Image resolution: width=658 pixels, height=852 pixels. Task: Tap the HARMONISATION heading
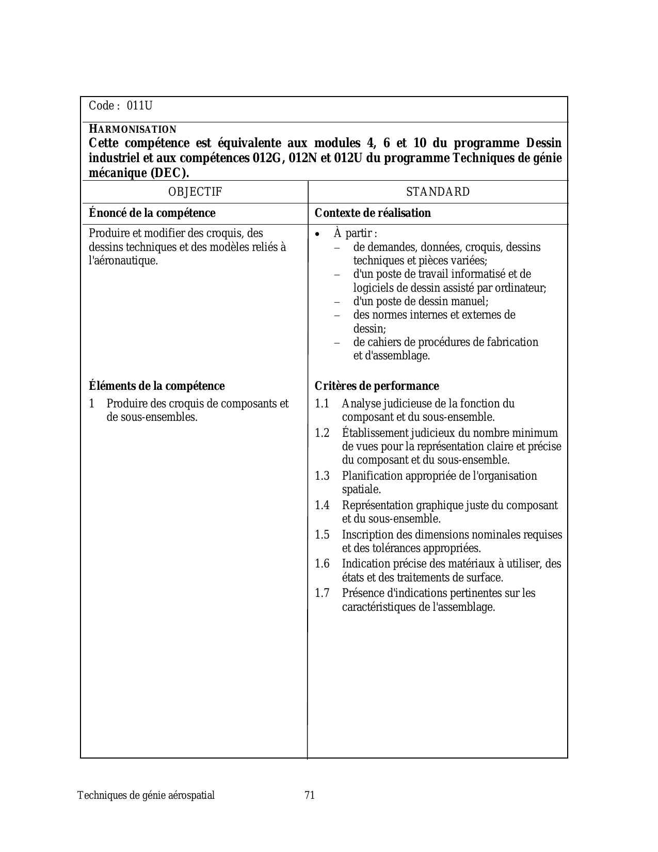point(133,129)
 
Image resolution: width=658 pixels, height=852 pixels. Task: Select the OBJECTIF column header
point(195,192)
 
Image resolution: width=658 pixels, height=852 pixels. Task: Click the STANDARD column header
point(438,192)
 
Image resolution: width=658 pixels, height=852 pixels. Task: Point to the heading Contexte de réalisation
point(373,213)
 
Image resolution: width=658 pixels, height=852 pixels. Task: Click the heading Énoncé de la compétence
point(152,213)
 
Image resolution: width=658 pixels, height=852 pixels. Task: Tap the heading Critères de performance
point(377,386)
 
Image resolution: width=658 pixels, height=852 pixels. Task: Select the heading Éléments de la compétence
point(157,386)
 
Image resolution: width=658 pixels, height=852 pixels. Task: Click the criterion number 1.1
point(322,404)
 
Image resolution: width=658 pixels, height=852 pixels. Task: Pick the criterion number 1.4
point(322,506)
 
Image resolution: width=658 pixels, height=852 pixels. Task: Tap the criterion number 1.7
point(322,593)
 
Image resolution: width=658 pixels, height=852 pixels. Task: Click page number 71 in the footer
point(310,795)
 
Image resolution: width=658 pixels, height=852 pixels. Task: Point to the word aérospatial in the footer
point(191,795)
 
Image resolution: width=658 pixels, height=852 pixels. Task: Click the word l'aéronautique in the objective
point(123,261)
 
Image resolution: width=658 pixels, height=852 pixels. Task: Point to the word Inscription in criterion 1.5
point(366,535)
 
